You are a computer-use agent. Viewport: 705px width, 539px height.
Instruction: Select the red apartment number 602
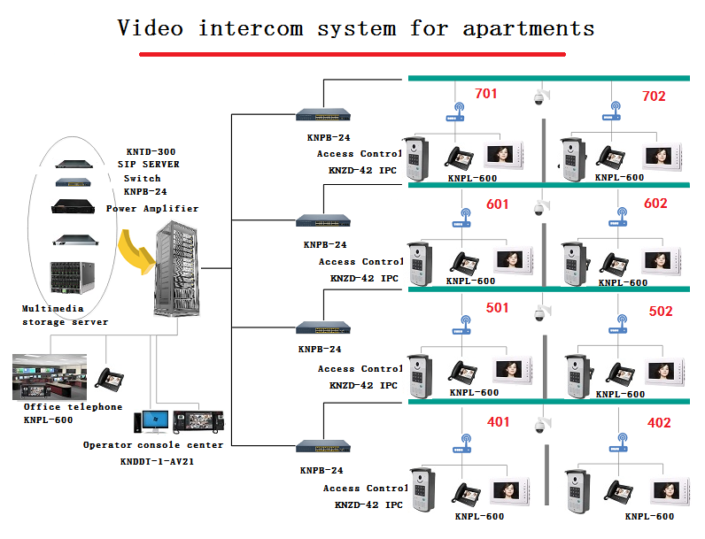tap(655, 204)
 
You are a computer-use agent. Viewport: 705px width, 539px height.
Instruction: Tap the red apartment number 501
tap(498, 309)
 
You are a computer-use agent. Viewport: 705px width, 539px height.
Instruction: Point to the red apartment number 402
tap(658, 423)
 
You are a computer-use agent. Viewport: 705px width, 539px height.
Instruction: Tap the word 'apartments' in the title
tap(528, 28)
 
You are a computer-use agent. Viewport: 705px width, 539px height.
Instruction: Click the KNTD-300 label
tap(151, 151)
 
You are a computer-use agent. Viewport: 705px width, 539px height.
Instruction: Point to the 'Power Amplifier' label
tap(152, 209)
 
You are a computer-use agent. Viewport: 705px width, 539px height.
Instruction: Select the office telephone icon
tap(110, 378)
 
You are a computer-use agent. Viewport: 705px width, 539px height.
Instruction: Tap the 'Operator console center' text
tap(153, 444)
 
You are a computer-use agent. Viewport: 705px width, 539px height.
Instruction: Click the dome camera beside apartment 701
tap(538, 98)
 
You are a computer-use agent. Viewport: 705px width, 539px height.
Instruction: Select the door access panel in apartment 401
tap(422, 490)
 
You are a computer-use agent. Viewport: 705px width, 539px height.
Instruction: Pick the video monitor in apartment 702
tap(662, 157)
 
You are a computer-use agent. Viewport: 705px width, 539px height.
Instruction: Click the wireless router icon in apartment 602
tap(621, 216)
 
